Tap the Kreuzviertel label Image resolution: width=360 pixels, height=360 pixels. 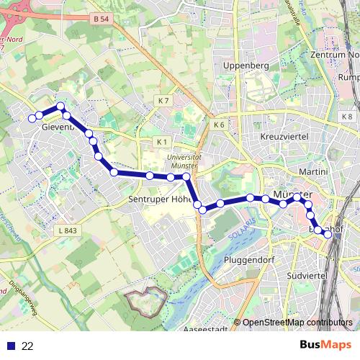pyautogui.click(x=284, y=136)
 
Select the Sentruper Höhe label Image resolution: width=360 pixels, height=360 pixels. pyautogui.click(x=158, y=199)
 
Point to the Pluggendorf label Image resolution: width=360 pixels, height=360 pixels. pyautogui.click(x=251, y=259)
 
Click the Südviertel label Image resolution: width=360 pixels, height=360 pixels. pyautogui.click(x=307, y=275)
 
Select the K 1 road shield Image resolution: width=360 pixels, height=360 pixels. pyautogui.click(x=162, y=141)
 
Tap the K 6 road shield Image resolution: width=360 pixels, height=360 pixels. pyautogui.click(x=220, y=125)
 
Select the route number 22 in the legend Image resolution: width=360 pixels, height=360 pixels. pyautogui.click(x=27, y=346)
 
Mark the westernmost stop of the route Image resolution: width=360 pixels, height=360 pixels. pyautogui.click(x=32, y=117)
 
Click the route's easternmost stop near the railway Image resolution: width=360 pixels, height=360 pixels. pyautogui.click(x=328, y=233)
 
